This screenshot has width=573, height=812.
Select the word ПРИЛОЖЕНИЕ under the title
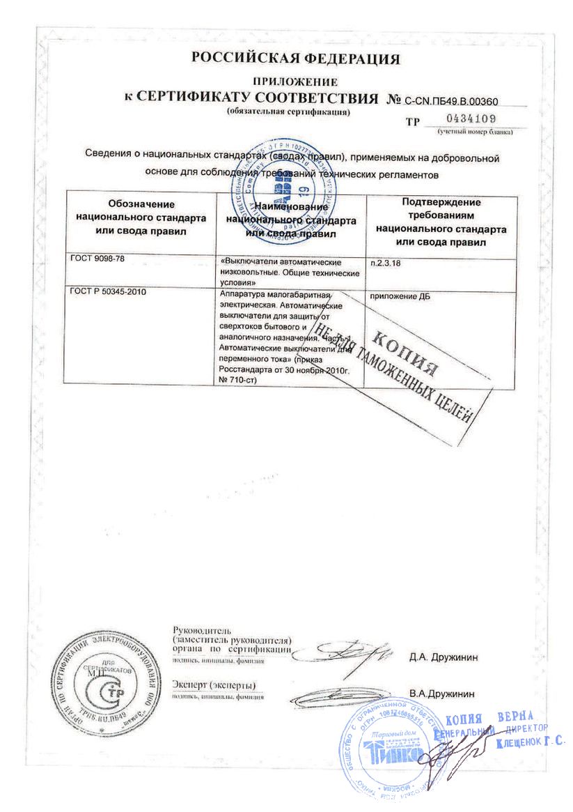click(x=296, y=82)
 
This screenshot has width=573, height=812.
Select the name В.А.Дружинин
click(x=442, y=694)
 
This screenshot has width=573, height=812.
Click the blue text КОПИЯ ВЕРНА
click(x=488, y=718)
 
